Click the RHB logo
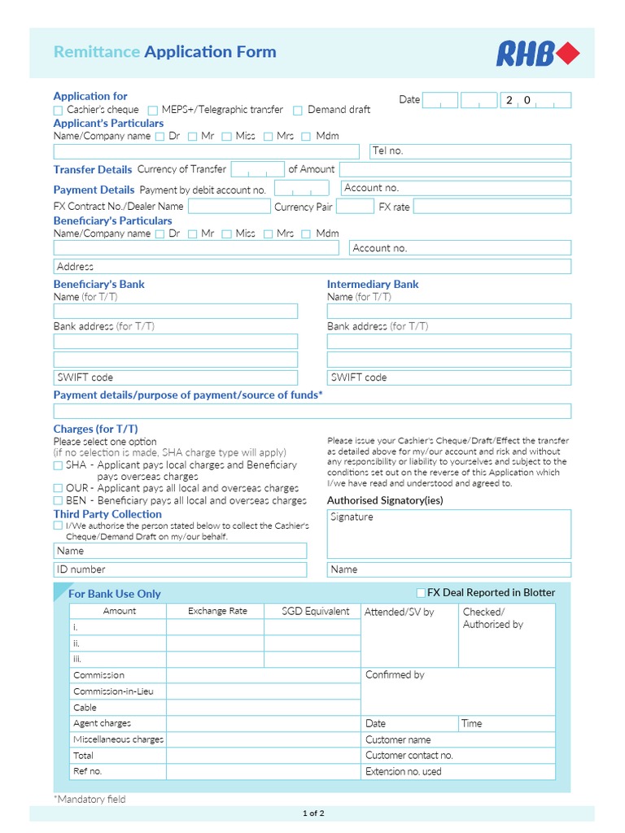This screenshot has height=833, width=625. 538,54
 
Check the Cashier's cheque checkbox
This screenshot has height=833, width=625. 58,110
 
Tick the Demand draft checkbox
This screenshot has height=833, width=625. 298,110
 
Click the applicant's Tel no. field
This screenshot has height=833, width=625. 470,151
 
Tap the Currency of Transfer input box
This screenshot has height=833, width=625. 256,169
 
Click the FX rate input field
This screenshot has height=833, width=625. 492,207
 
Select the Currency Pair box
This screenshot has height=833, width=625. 355,207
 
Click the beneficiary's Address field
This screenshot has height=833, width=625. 312,267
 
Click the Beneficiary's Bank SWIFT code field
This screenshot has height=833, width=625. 175,377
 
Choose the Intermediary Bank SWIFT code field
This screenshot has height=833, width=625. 448,377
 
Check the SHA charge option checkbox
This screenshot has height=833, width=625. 58,465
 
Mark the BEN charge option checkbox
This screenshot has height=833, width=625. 58,500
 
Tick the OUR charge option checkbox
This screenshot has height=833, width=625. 58,488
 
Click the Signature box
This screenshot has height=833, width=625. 448,534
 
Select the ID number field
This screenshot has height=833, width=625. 180,569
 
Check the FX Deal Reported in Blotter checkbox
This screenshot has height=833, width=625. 421,592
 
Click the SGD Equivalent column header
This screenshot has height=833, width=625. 315,611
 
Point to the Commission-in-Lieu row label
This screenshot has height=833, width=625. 113,691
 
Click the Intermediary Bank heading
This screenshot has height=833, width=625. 373,285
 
